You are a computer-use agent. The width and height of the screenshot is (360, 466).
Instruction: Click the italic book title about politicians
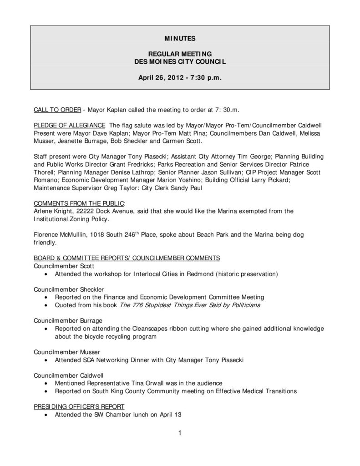point(190,305)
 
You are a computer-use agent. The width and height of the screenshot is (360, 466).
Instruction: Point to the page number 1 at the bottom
point(180,433)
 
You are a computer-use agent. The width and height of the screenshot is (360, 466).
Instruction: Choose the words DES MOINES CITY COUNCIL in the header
point(180,61)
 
